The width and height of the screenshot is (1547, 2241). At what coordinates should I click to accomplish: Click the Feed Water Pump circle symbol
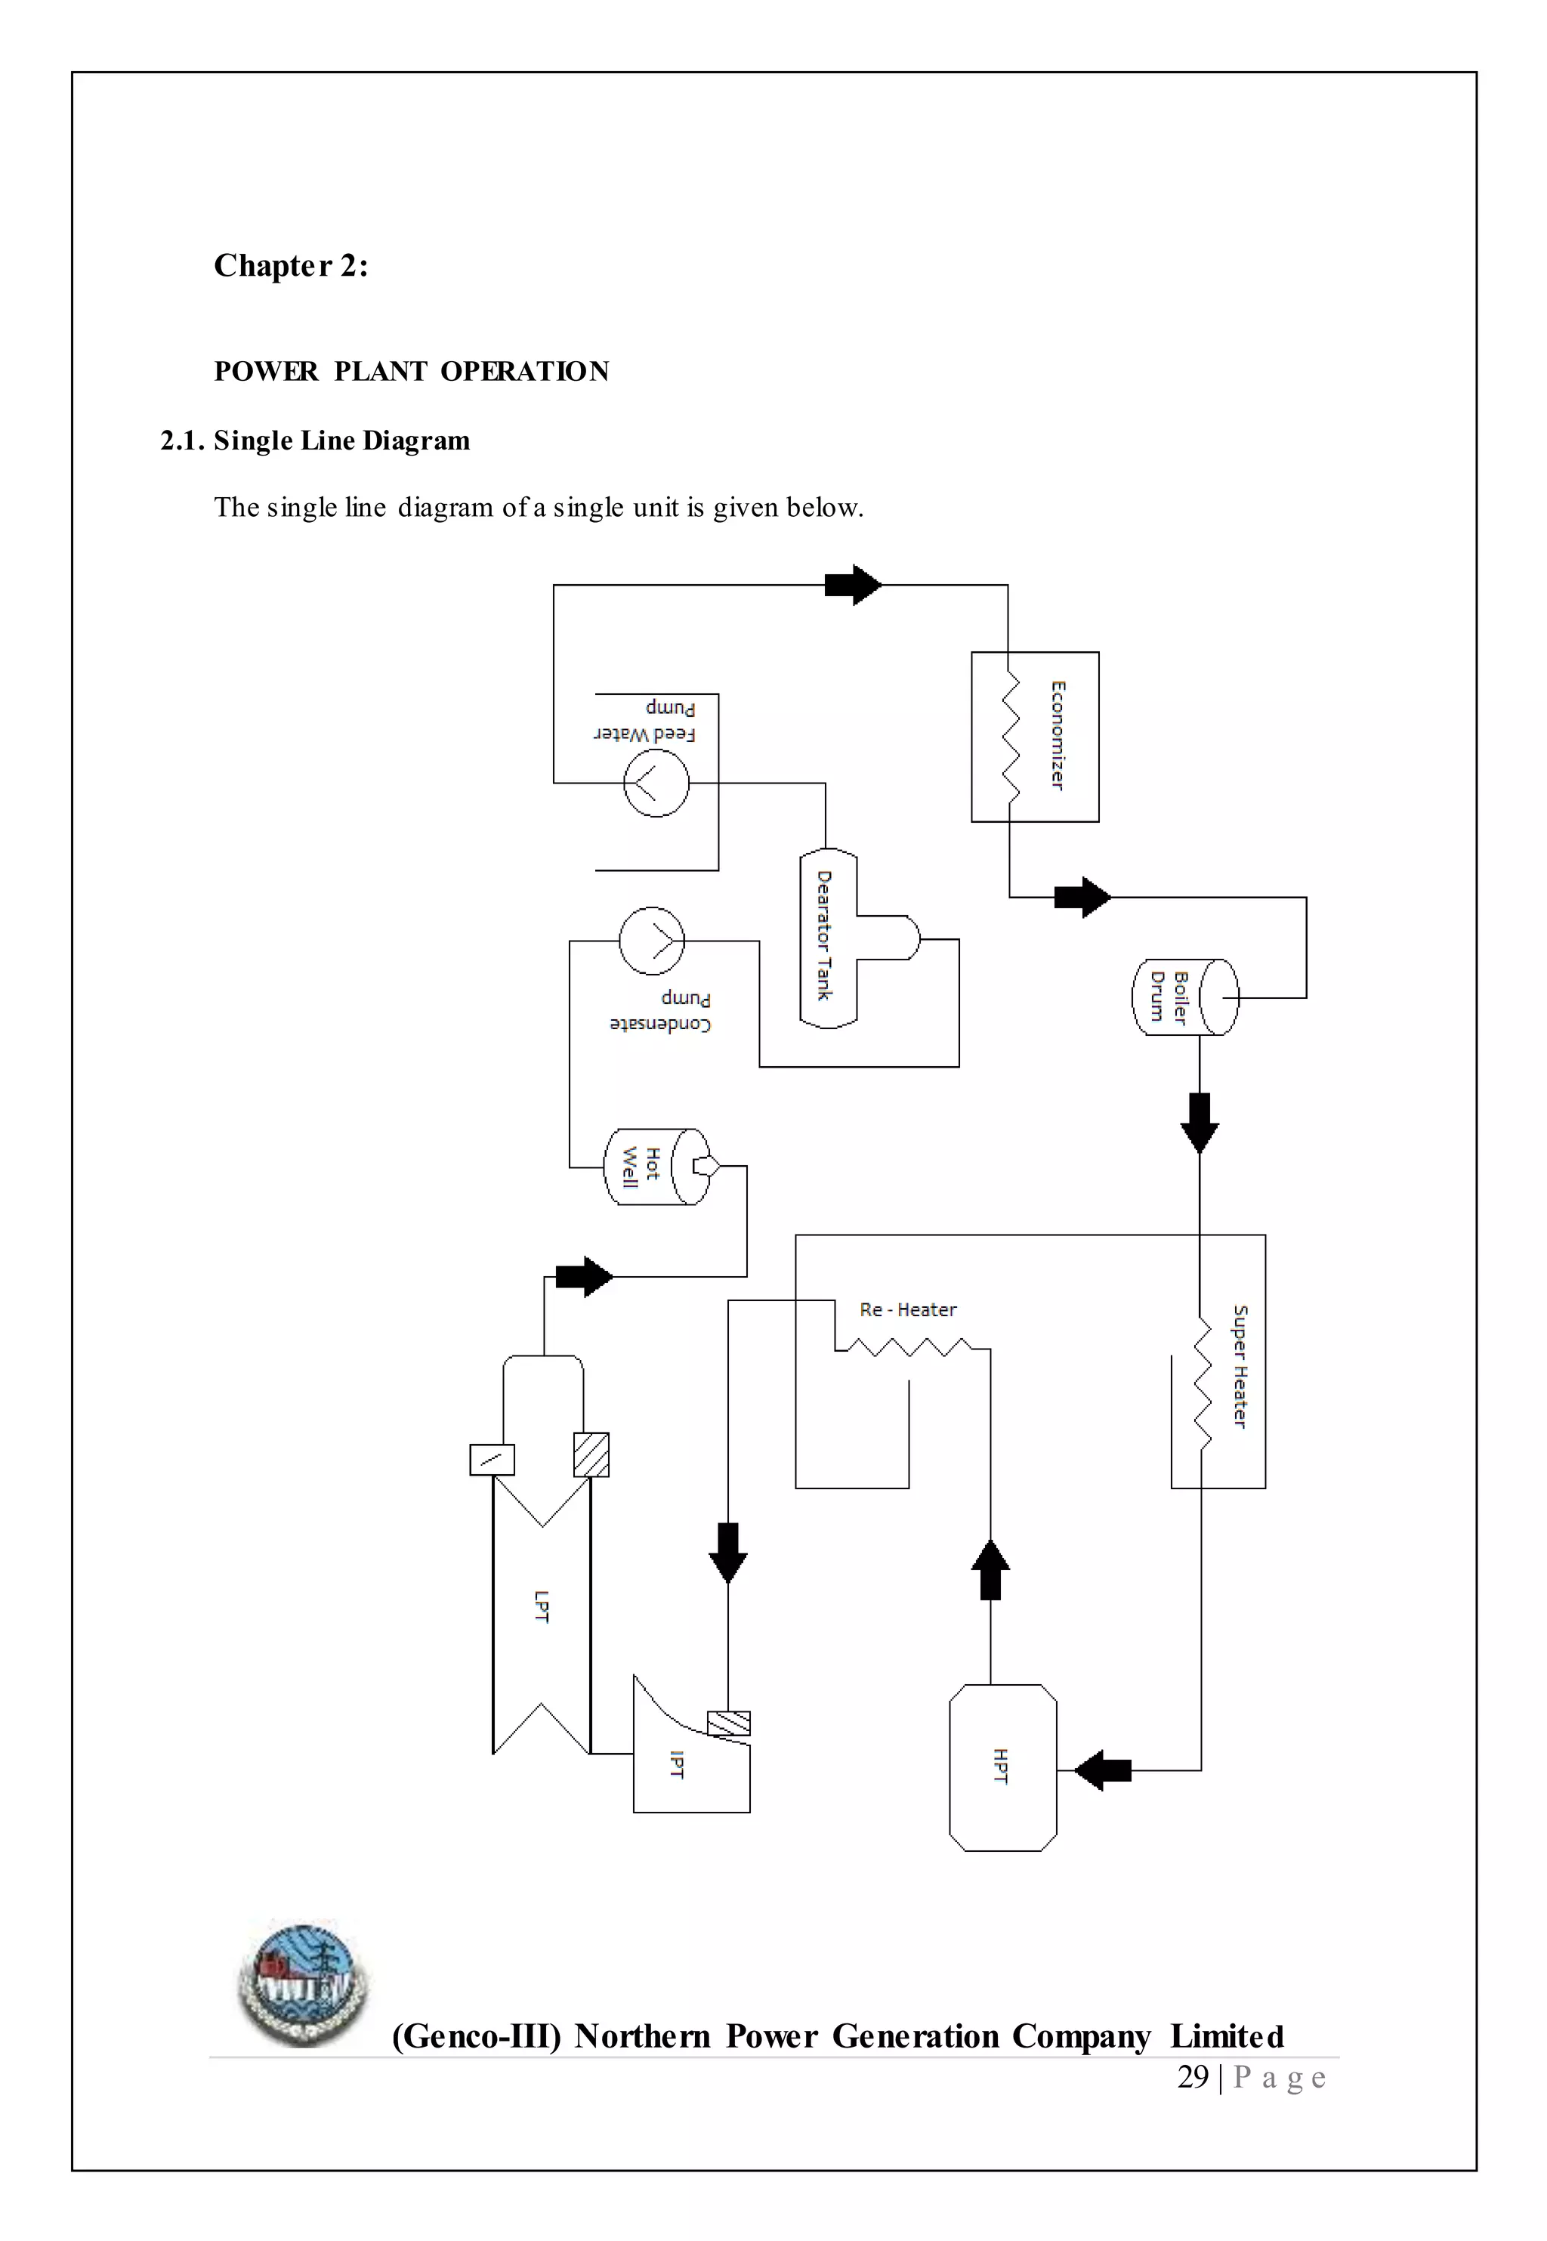(656, 782)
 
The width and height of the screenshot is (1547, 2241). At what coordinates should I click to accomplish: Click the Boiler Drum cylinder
(1184, 997)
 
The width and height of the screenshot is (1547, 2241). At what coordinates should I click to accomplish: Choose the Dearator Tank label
(824, 935)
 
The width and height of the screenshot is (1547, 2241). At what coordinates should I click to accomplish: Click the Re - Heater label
(907, 1309)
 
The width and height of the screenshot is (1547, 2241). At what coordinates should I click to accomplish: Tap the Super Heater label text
(1240, 1367)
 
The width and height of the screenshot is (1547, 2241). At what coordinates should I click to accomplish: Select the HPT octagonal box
(1002, 1767)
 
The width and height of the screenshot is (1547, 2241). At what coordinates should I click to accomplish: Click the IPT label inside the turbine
(677, 1765)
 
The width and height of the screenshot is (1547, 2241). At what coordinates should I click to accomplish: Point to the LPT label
(541, 1606)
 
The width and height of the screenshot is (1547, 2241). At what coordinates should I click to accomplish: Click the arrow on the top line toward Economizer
(852, 585)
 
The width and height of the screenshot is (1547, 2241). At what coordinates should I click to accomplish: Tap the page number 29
(1192, 2077)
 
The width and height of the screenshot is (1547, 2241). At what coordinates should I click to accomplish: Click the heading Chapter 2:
(291, 266)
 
